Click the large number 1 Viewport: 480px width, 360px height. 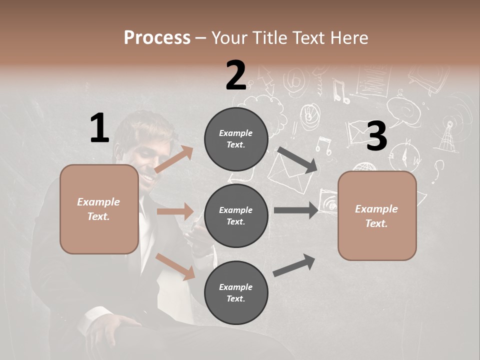coord(99,128)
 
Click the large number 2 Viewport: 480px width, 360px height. coord(235,76)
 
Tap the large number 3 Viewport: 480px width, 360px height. coord(376,136)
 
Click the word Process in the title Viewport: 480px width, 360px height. coord(157,37)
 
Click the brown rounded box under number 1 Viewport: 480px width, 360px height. coord(99,209)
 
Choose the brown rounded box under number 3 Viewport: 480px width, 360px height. coord(377,216)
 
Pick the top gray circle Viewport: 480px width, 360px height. coord(236,139)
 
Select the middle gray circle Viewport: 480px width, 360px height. coord(236,216)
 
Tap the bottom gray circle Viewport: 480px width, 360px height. coord(236,293)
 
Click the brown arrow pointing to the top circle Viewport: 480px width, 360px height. coord(173,159)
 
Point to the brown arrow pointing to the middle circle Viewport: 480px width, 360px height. coord(175,211)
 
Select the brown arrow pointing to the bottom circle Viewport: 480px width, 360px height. coord(175,266)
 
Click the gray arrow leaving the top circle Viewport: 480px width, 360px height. coord(297,159)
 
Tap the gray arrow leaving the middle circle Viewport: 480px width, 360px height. coord(296,210)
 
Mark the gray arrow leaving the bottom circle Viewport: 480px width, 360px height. coord(294,265)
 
